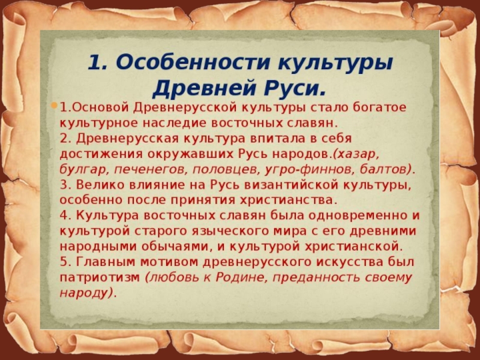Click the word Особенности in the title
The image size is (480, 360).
point(193,62)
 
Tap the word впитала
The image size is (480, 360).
point(278,139)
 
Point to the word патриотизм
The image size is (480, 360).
point(100,278)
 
